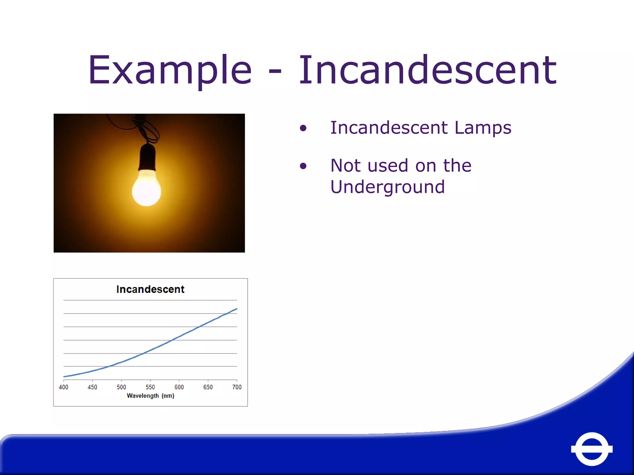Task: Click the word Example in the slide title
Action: pyautogui.click(x=170, y=71)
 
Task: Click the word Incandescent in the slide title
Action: pyautogui.click(x=427, y=71)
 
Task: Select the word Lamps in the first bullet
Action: pyautogui.click(x=483, y=128)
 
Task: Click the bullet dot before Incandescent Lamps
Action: pyautogui.click(x=303, y=128)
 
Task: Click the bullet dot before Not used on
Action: pyautogui.click(x=303, y=166)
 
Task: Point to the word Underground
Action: pyautogui.click(x=387, y=187)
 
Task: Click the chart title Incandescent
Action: pyautogui.click(x=150, y=289)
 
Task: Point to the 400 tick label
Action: pyautogui.click(x=63, y=387)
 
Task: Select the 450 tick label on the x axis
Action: pyautogui.click(x=92, y=387)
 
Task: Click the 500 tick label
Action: pyautogui.click(x=121, y=387)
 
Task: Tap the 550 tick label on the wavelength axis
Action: pyautogui.click(x=150, y=387)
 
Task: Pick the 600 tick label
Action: pyautogui.click(x=179, y=387)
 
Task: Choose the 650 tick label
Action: pyautogui.click(x=208, y=387)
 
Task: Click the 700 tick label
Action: pyautogui.click(x=237, y=387)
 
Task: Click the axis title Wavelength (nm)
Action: pyautogui.click(x=150, y=396)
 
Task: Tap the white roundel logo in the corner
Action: pyautogui.click(x=592, y=449)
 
